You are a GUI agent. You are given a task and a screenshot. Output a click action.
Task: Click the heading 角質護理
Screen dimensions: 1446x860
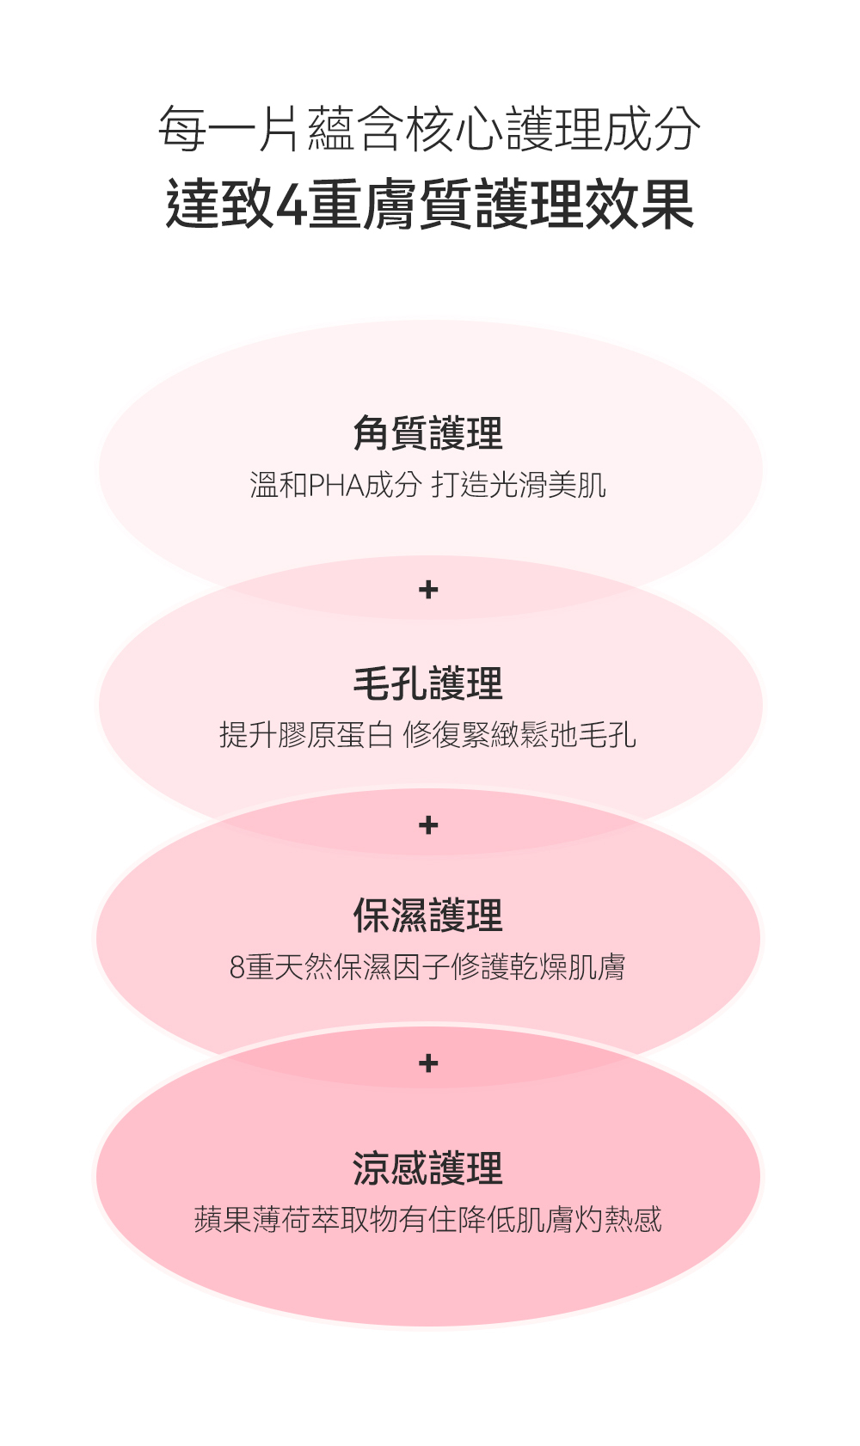point(427,432)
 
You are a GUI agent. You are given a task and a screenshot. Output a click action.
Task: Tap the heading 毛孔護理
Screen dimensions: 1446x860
point(427,683)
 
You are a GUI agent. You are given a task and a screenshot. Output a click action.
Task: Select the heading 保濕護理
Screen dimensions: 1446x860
point(427,916)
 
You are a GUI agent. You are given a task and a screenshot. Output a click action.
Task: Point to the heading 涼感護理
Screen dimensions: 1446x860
point(427,1168)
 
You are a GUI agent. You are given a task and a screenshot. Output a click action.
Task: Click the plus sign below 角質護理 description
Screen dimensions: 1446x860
point(428,590)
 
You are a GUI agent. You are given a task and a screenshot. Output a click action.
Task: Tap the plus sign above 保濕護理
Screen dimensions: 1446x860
point(428,825)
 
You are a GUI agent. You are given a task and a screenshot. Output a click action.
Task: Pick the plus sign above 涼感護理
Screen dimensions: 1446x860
point(428,1063)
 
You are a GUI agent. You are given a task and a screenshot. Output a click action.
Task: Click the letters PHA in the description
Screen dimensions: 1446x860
point(336,486)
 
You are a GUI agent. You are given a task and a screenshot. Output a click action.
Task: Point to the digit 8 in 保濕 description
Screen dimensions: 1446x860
point(237,968)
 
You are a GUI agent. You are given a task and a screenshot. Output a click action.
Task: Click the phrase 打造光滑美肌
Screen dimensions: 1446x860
point(519,486)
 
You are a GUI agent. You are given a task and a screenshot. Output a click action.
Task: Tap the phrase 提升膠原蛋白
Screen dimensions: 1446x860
point(306,735)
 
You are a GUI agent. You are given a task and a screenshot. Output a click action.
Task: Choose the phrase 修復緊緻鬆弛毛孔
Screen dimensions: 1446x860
point(519,735)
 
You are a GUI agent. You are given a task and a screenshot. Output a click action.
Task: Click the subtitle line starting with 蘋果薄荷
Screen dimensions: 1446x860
point(427,1219)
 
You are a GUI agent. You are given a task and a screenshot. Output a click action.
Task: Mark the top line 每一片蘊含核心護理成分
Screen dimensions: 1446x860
point(429,130)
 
